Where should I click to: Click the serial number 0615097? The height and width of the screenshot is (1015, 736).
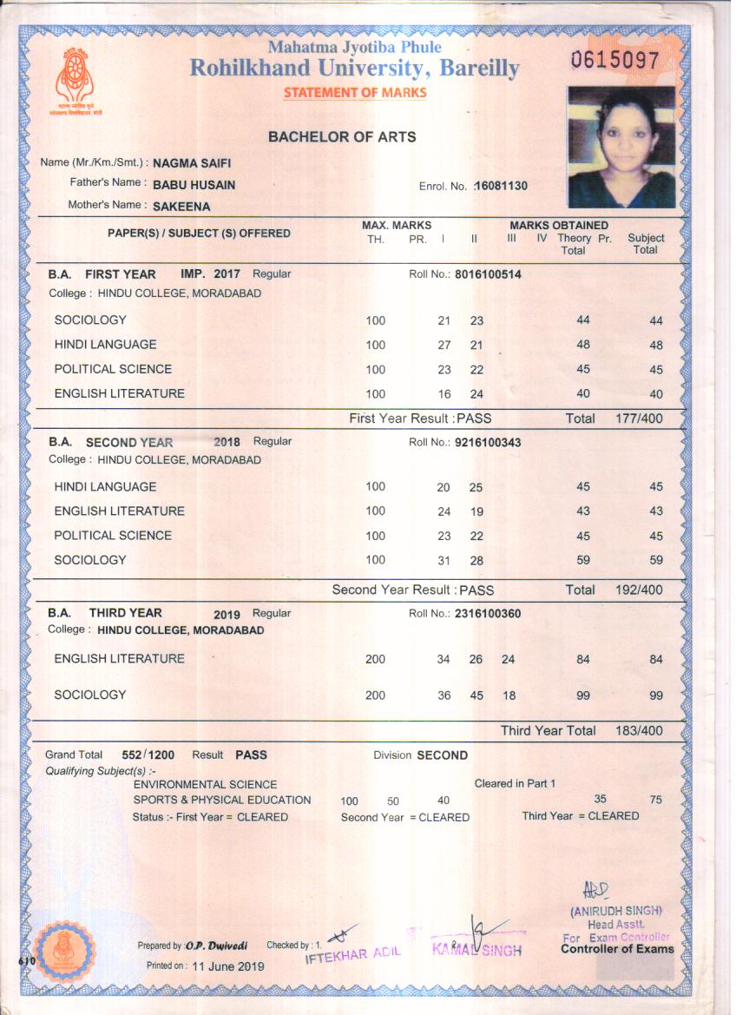[x=614, y=61]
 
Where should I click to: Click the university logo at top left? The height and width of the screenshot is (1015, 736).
[x=75, y=78]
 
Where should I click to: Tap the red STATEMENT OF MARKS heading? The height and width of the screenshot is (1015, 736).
[x=355, y=93]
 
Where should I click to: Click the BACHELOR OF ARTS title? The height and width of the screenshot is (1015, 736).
[x=341, y=137]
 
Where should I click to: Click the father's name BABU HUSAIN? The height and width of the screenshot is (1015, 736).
[x=194, y=185]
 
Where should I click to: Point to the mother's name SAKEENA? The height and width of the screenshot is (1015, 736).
[x=181, y=207]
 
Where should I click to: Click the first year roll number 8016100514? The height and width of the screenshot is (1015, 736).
[x=488, y=274]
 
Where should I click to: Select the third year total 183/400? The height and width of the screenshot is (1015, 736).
[x=638, y=731]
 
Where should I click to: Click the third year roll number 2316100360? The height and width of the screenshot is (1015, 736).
[x=488, y=614]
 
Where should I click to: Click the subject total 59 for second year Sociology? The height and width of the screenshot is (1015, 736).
[x=655, y=561]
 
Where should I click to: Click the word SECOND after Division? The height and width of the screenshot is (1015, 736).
[x=442, y=755]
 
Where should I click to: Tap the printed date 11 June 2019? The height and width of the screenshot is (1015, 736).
[x=228, y=966]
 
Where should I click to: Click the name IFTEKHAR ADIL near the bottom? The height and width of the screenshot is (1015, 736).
[x=352, y=952]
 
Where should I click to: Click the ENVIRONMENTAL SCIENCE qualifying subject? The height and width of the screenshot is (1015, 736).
[x=205, y=784]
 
